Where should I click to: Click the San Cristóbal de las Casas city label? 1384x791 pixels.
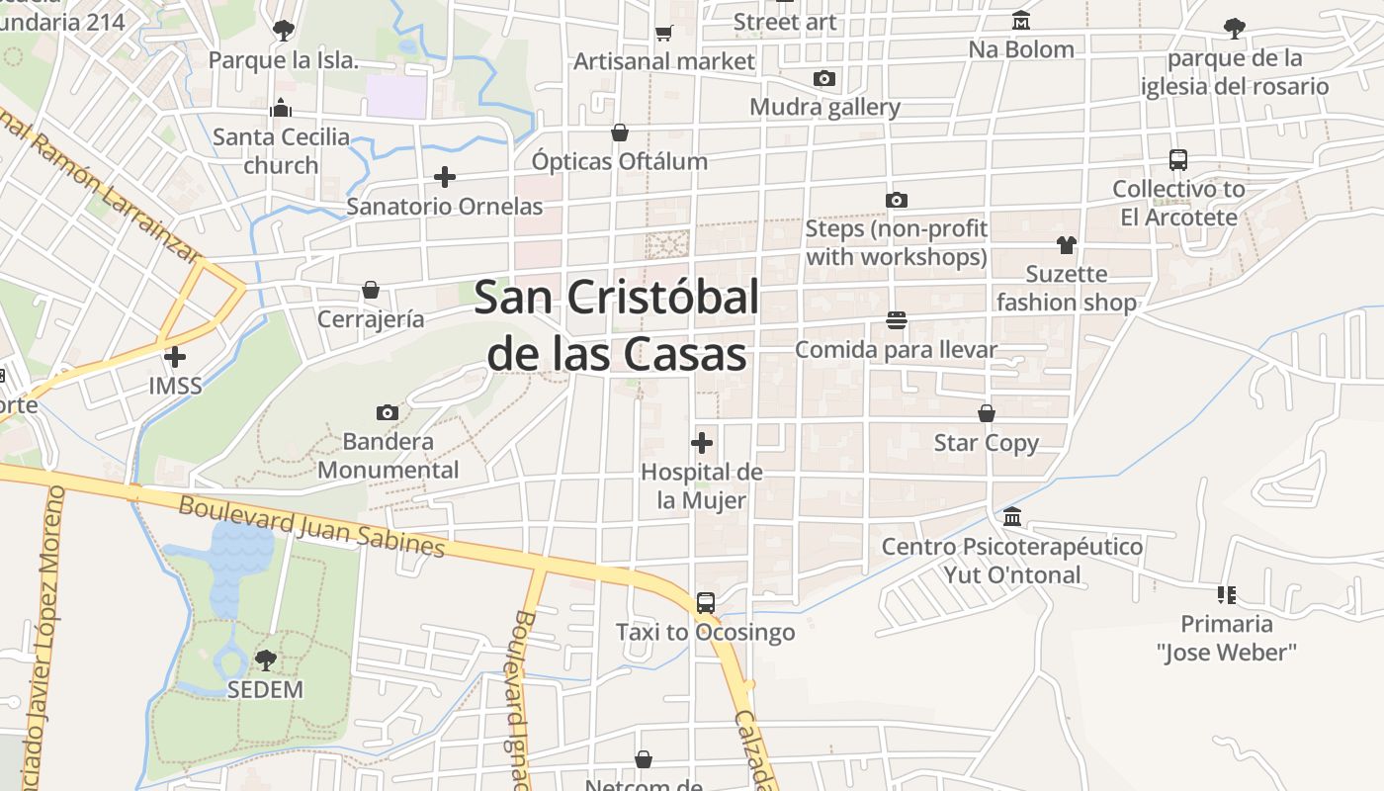(x=617, y=325)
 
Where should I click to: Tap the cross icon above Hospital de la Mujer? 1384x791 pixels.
(x=702, y=443)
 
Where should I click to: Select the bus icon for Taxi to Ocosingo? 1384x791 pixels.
(x=705, y=602)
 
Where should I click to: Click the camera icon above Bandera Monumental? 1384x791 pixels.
(x=388, y=412)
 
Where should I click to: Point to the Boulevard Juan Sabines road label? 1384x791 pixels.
(x=312, y=526)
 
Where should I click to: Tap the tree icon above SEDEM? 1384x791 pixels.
(x=265, y=659)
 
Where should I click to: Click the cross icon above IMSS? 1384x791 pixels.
(x=175, y=356)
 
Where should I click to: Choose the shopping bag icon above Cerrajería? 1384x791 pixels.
(x=371, y=290)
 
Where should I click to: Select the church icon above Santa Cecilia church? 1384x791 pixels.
(x=282, y=108)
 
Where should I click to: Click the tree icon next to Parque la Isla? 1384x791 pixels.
(x=283, y=31)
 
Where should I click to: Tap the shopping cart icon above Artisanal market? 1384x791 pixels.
(x=664, y=33)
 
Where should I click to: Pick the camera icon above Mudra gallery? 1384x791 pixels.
(x=824, y=78)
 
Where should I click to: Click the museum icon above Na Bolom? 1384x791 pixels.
(x=1021, y=21)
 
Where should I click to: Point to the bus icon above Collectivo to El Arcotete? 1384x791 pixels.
(x=1177, y=159)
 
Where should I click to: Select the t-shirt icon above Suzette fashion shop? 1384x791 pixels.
(x=1066, y=244)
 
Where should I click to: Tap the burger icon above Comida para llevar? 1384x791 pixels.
(x=897, y=320)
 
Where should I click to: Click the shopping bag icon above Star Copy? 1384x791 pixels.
(x=987, y=413)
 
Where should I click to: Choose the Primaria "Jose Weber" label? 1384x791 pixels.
(x=1226, y=638)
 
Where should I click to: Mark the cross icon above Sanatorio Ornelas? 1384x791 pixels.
(x=445, y=177)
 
